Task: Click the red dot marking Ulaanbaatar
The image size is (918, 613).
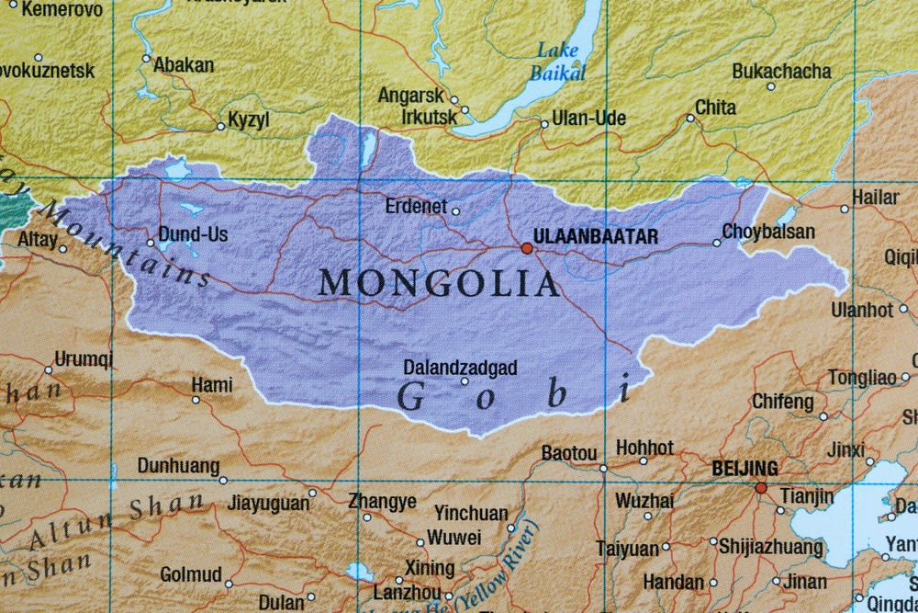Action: (527, 248)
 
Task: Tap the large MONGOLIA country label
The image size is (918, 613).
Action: (439, 282)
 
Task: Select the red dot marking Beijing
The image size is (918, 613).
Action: (760, 488)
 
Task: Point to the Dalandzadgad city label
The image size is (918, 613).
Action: (460, 368)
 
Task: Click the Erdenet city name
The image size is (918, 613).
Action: (416, 206)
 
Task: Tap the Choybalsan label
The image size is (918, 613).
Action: (768, 232)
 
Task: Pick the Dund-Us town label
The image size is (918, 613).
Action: (193, 234)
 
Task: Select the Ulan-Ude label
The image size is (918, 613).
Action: (588, 119)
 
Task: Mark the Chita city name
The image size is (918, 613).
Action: (715, 108)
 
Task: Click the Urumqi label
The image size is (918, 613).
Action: (84, 358)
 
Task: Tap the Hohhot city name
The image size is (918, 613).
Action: (644, 448)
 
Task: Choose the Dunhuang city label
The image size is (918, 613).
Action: (179, 466)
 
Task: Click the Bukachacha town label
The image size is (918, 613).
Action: (781, 71)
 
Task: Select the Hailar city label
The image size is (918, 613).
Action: (875, 197)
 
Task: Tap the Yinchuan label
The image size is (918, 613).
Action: (470, 513)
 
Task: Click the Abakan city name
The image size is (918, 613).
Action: (184, 65)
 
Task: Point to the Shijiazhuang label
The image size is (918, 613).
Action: (770, 548)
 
